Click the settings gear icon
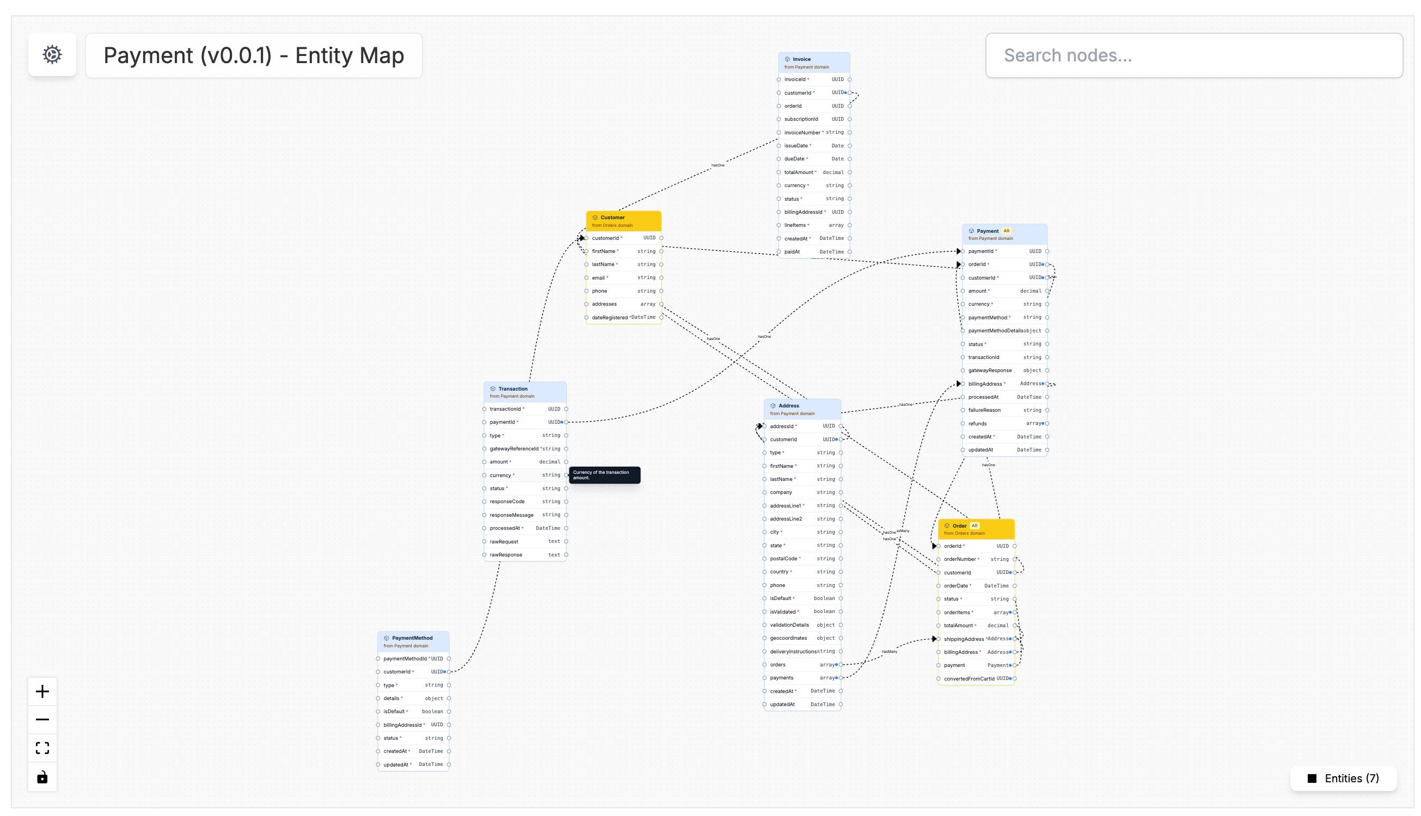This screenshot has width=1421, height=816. [52, 54]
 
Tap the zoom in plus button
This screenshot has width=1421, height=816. [42, 691]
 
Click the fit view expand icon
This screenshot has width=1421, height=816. [42, 747]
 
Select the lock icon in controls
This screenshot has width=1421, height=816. [42, 777]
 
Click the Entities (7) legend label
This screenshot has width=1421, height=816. [1351, 778]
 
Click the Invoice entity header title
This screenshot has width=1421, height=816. [801, 59]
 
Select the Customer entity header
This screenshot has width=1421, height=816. [612, 218]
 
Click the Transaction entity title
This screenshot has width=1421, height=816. [512, 388]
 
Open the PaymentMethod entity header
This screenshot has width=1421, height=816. [412, 638]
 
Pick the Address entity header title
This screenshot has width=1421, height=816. [788, 405]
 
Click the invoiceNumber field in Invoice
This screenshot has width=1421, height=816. [802, 132]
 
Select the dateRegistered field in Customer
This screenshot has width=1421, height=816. [610, 317]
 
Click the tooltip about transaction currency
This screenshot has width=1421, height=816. [604, 475]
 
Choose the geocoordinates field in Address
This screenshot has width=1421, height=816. [788, 638]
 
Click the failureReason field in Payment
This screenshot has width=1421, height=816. [984, 410]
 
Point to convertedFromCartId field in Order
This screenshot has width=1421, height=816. [969, 679]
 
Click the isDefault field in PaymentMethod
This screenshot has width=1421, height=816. [394, 711]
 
